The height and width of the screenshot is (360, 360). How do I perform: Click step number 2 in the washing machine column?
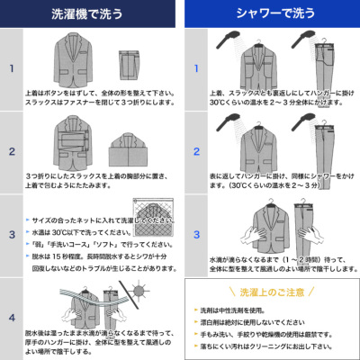(12, 150)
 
